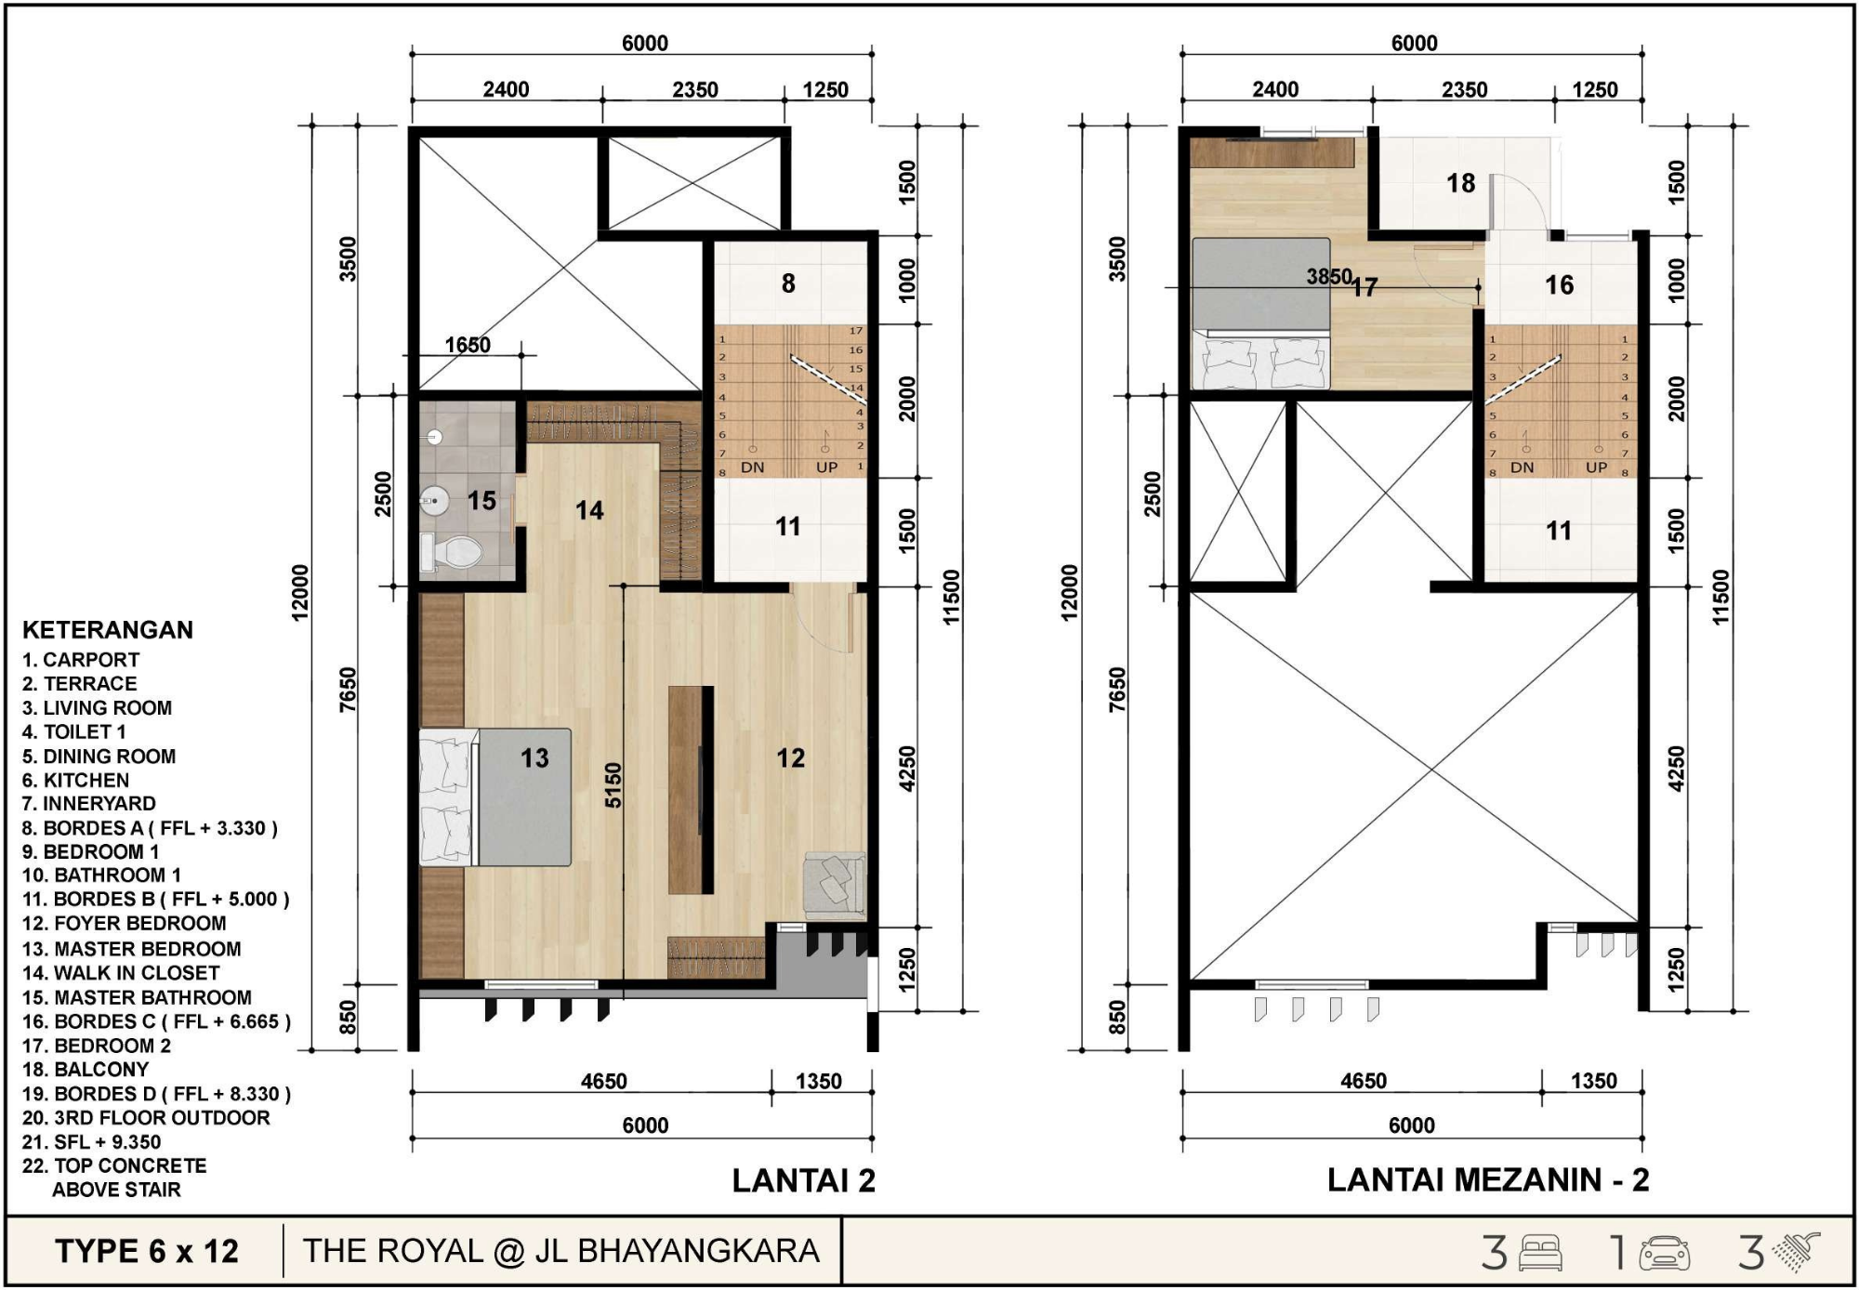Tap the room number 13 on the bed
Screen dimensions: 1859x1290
534,758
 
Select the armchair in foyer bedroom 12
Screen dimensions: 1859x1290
835,885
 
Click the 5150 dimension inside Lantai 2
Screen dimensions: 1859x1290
613,785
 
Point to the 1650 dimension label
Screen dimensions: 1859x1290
468,345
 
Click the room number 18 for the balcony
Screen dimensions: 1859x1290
1460,183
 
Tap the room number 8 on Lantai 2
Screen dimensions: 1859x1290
788,283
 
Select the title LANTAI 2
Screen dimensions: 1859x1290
803,1180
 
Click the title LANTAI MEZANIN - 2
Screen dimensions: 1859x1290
1488,1179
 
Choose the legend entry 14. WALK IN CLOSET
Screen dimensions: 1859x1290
121,973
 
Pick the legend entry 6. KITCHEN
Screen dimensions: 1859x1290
76,780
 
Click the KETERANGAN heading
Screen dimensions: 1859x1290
108,629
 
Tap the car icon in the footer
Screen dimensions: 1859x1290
1665,1253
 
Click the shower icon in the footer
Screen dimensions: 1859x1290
1796,1252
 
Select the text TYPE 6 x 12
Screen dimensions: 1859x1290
147,1251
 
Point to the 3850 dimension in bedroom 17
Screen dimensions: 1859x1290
1329,276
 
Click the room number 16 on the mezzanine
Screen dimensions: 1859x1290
1559,284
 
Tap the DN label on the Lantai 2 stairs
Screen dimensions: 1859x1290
753,467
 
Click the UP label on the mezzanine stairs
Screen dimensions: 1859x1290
1596,467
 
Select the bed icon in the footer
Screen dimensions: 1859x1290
1540,1253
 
